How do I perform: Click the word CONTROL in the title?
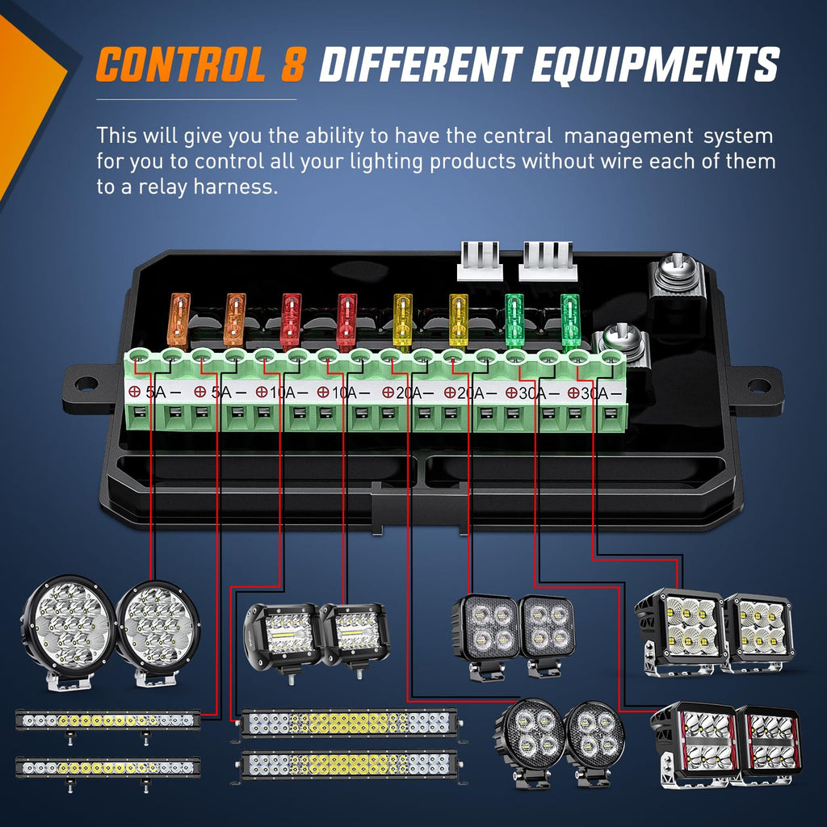click(179, 65)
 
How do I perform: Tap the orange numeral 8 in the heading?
click(292, 65)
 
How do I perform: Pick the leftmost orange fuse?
click(178, 320)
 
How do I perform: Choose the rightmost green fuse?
click(570, 317)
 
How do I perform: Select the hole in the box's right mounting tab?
click(758, 386)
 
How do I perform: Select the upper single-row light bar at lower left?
click(107, 720)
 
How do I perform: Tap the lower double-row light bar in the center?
click(349, 764)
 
